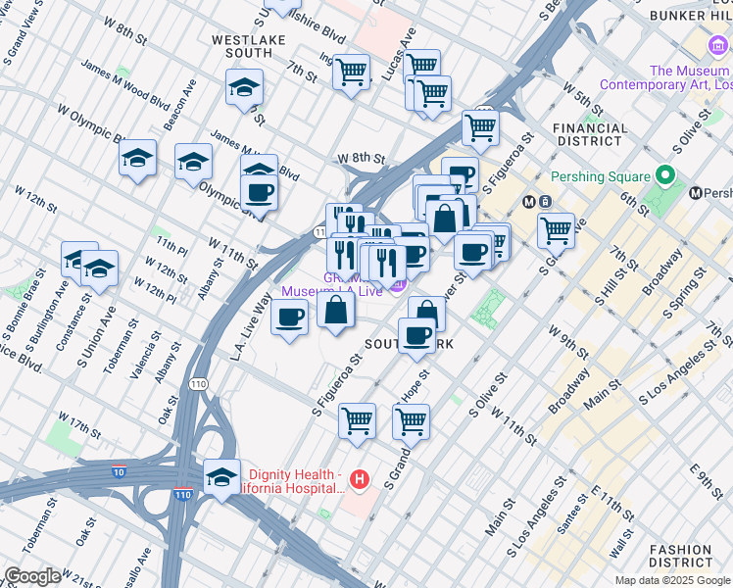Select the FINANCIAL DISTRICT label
click(x=590, y=134)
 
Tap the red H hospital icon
click(x=360, y=480)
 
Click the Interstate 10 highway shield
click(x=119, y=470)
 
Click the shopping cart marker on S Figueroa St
click(x=357, y=420)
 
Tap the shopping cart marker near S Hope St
click(x=411, y=420)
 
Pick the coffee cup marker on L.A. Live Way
click(x=289, y=318)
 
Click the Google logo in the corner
click(x=32, y=576)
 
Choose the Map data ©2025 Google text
click(x=673, y=580)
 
